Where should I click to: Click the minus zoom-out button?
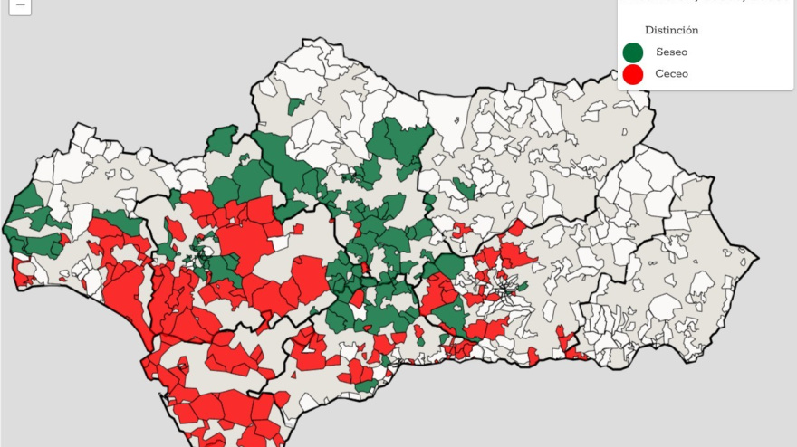[x=20, y=5]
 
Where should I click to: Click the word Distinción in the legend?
[x=671, y=30]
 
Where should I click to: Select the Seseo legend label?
[x=671, y=52]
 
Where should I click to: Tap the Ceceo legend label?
[x=671, y=74]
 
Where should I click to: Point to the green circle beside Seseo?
[x=633, y=52]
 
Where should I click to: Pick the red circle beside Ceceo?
[x=633, y=74]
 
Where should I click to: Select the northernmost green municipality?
[x=295, y=106]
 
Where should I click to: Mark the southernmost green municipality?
[x=366, y=386]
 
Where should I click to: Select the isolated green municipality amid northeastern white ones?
[x=465, y=188]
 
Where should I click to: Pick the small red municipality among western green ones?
[x=65, y=240]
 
